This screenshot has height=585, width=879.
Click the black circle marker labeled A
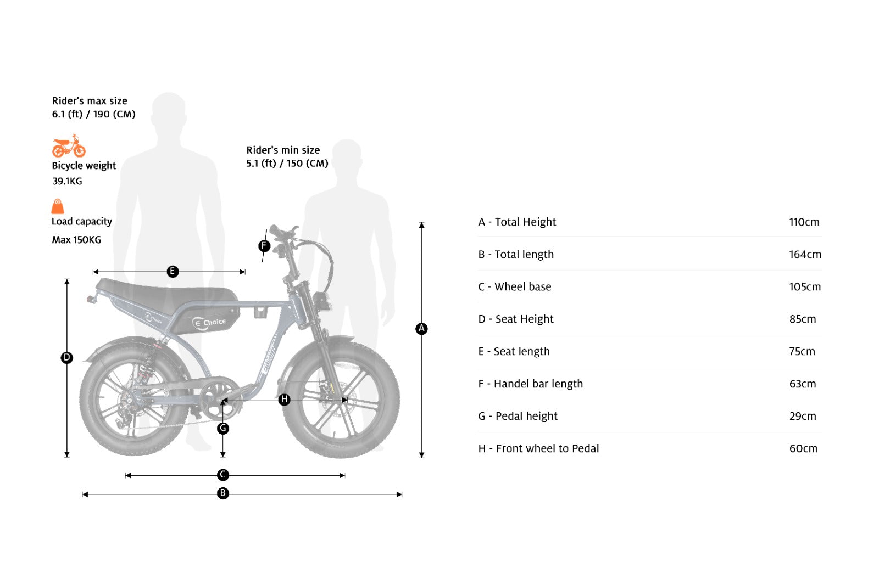coord(421,329)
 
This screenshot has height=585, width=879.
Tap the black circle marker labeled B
coord(223,493)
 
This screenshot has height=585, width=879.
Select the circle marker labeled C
coord(223,475)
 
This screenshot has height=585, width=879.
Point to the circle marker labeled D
coord(66,358)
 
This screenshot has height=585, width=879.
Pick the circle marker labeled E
coord(173,272)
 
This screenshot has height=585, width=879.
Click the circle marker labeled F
coord(264,246)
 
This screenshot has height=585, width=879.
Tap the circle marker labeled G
coord(223,428)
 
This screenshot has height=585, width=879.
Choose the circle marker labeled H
coord(284,400)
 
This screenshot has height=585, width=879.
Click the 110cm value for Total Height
coord(804,222)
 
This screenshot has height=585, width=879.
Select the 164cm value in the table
coord(805,255)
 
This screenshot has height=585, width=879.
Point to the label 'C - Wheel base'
coord(514,287)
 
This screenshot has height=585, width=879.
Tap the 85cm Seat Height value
coord(803,319)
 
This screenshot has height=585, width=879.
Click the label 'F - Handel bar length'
coord(530,384)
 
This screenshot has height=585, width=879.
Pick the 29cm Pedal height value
coord(803,417)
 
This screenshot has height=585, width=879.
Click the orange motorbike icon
coord(69,147)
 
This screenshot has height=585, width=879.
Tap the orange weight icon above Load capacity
coord(58,206)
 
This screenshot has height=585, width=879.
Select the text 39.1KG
coord(67,181)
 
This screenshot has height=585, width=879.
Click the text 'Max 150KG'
coord(76,240)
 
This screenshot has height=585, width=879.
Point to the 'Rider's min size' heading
coord(283,150)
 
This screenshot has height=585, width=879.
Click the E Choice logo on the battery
coord(209,322)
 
